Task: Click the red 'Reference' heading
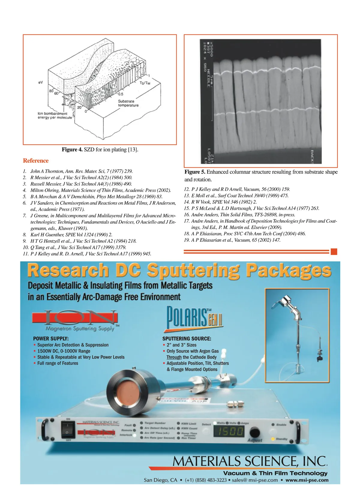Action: point(36,161)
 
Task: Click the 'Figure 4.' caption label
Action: point(72,149)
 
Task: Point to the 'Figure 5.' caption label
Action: point(195,172)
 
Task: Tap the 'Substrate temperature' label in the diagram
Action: point(128,103)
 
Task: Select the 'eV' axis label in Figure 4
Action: point(40,82)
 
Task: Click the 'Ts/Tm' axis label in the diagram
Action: point(145,83)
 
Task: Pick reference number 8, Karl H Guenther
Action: point(71,235)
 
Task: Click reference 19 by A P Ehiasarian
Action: point(235,240)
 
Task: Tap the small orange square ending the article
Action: point(334,252)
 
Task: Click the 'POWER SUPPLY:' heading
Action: point(51,338)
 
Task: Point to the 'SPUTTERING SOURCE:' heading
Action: point(187,338)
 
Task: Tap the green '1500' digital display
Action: point(229,432)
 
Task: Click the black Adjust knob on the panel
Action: point(255,432)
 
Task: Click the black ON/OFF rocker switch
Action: point(68,429)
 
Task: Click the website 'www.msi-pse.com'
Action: point(307,480)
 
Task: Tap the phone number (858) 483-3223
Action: point(206,480)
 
